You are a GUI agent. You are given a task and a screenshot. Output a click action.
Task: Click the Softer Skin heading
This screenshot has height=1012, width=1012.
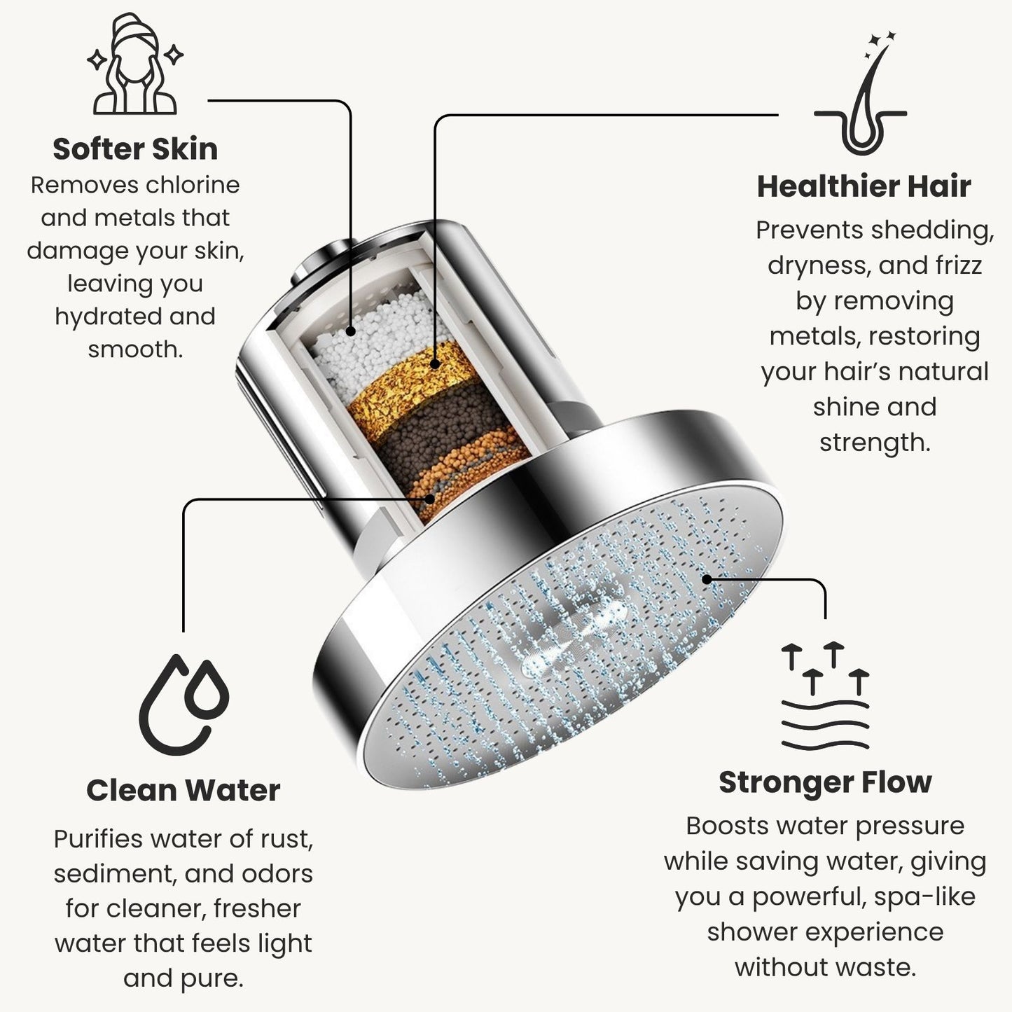(135, 149)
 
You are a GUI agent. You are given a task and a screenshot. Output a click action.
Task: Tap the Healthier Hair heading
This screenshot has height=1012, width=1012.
(864, 186)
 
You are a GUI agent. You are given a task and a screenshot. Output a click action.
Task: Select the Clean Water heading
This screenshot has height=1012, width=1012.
(183, 790)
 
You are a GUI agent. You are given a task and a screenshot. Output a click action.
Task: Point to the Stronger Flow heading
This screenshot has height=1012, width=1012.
(825, 782)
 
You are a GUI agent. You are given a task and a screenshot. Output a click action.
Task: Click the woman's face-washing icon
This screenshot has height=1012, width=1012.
(135, 64)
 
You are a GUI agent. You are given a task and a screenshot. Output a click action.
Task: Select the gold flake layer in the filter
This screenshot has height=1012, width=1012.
(413, 389)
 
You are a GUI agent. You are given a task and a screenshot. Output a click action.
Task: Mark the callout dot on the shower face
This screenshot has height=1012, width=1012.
(707, 579)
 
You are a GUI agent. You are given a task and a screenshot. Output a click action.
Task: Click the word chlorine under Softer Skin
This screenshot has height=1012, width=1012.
(193, 185)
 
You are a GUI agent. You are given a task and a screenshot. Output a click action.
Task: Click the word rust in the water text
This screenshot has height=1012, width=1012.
(286, 840)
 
